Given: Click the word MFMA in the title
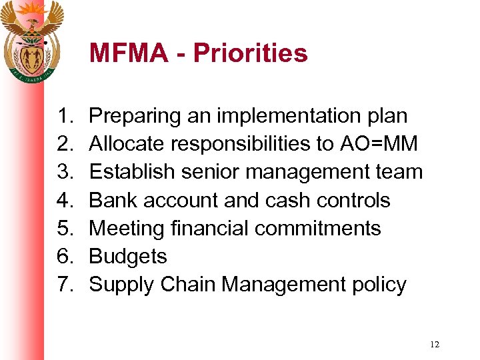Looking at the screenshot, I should [x=129, y=53].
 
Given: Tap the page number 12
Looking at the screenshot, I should [x=435, y=344].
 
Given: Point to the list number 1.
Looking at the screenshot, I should [x=64, y=116].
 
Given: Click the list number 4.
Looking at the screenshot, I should [x=64, y=200].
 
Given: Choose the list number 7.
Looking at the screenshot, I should [x=64, y=285].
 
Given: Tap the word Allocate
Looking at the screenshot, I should [x=127, y=144].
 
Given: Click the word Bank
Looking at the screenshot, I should [x=111, y=200].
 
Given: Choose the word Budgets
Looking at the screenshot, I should [x=128, y=257].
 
